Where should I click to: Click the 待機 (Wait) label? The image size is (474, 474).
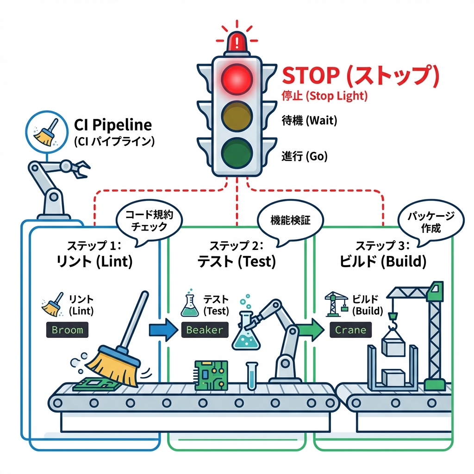(x=309, y=121)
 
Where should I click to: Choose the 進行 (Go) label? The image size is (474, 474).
(x=304, y=156)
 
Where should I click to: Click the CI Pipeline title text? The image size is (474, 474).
(x=113, y=125)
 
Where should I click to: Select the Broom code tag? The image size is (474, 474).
(x=68, y=330)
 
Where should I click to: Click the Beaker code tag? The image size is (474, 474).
(x=205, y=330)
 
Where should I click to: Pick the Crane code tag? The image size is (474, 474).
(x=350, y=330)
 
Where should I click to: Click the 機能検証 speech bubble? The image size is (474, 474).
(x=290, y=220)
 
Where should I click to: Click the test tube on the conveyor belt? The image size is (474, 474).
(x=251, y=375)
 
